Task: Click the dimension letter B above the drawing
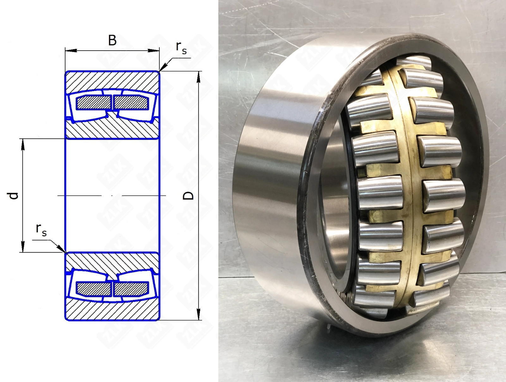[x=112, y=40]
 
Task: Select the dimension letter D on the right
[x=188, y=196]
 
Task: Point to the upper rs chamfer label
[x=181, y=48]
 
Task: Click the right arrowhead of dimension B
[x=153, y=51]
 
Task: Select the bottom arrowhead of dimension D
[x=199, y=314]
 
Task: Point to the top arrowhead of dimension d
[x=22, y=144]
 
